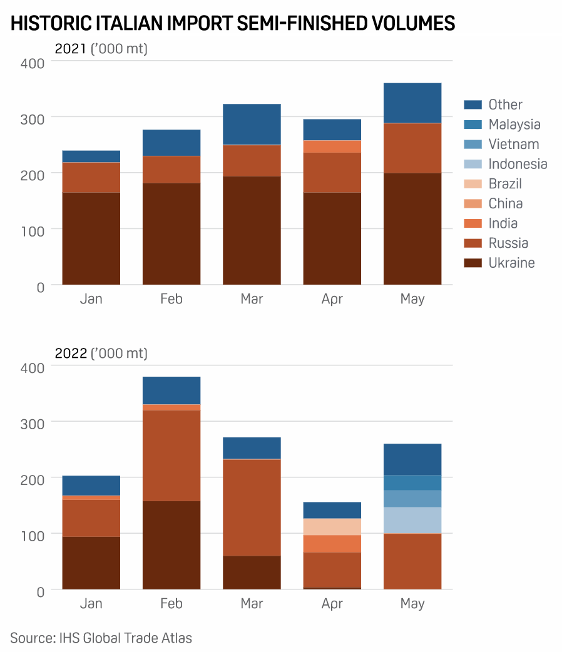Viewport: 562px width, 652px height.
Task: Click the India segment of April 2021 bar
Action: (332, 146)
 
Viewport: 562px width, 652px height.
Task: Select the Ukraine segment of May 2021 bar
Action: (412, 229)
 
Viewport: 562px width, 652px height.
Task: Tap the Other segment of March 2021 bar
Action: (252, 125)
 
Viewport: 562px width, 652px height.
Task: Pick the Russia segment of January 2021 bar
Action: (91, 177)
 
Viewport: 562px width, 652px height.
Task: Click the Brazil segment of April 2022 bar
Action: (332, 527)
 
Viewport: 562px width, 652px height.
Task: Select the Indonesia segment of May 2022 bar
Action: (412, 520)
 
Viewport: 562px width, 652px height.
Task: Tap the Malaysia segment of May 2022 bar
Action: (412, 482)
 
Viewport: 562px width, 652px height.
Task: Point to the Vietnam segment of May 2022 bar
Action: (412, 499)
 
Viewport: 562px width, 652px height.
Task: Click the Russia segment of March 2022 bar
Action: (252, 507)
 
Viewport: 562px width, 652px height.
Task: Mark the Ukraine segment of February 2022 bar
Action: (171, 545)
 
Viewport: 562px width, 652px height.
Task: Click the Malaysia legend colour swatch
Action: (473, 125)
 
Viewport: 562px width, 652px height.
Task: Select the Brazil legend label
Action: (505, 184)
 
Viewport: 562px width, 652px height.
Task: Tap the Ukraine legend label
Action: (511, 263)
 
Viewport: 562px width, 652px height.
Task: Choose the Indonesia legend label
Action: (518, 164)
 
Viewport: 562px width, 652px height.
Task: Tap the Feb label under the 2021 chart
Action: (171, 299)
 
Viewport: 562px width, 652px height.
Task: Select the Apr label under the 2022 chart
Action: (332, 604)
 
